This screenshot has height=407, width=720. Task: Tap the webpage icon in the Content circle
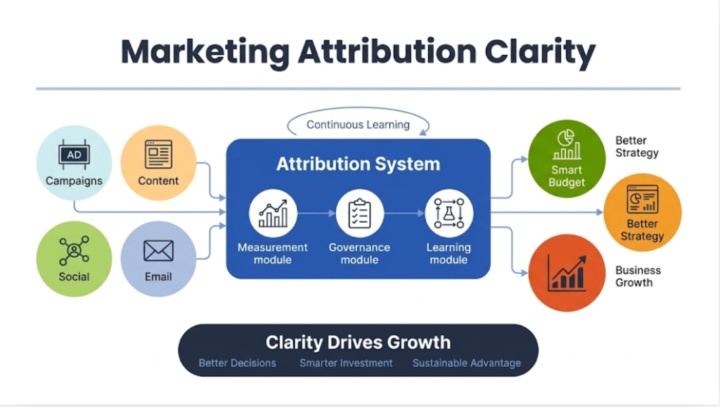(x=158, y=154)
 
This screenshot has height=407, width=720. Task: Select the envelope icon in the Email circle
(x=158, y=251)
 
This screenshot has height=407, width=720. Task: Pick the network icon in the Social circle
(x=74, y=250)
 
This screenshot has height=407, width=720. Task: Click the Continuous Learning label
(x=358, y=125)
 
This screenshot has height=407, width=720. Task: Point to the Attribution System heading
(x=358, y=164)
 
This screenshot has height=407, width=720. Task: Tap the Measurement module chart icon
(x=273, y=213)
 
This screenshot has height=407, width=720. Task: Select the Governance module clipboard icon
(x=359, y=213)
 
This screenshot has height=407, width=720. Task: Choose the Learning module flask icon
(x=449, y=213)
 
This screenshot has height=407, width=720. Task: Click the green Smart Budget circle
(x=567, y=157)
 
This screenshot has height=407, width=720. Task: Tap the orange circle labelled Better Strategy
(x=642, y=212)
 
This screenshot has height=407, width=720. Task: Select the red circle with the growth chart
(x=567, y=273)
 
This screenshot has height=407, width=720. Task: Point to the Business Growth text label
(x=638, y=276)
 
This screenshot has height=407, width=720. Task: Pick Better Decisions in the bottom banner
(x=237, y=363)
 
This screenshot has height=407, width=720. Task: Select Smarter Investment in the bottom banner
(x=346, y=363)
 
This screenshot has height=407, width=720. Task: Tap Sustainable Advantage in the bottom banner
(x=466, y=363)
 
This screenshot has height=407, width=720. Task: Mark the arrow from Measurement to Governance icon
(x=316, y=213)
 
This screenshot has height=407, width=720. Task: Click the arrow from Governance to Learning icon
(x=404, y=213)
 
